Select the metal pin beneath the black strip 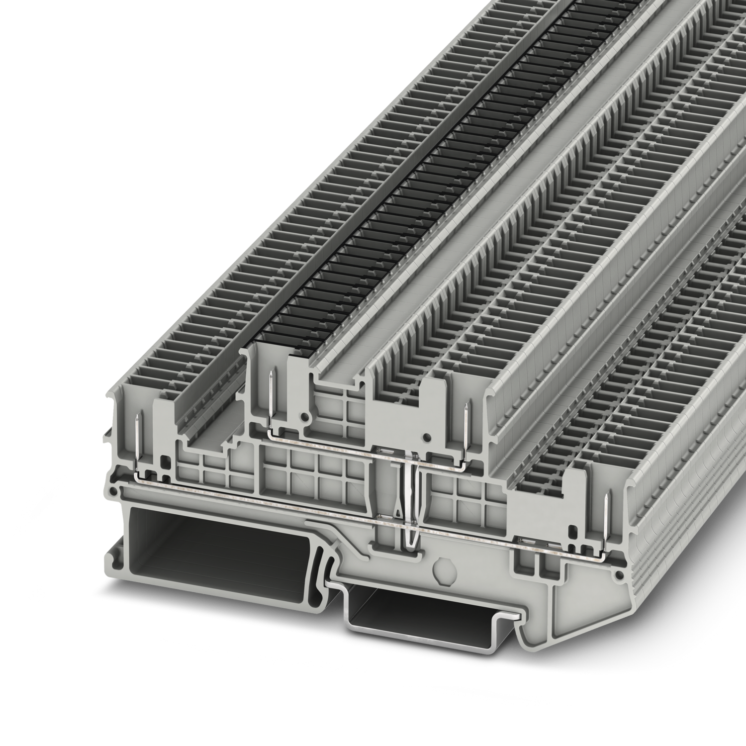tap(270, 393)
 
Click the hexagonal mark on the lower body tap(441, 566)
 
